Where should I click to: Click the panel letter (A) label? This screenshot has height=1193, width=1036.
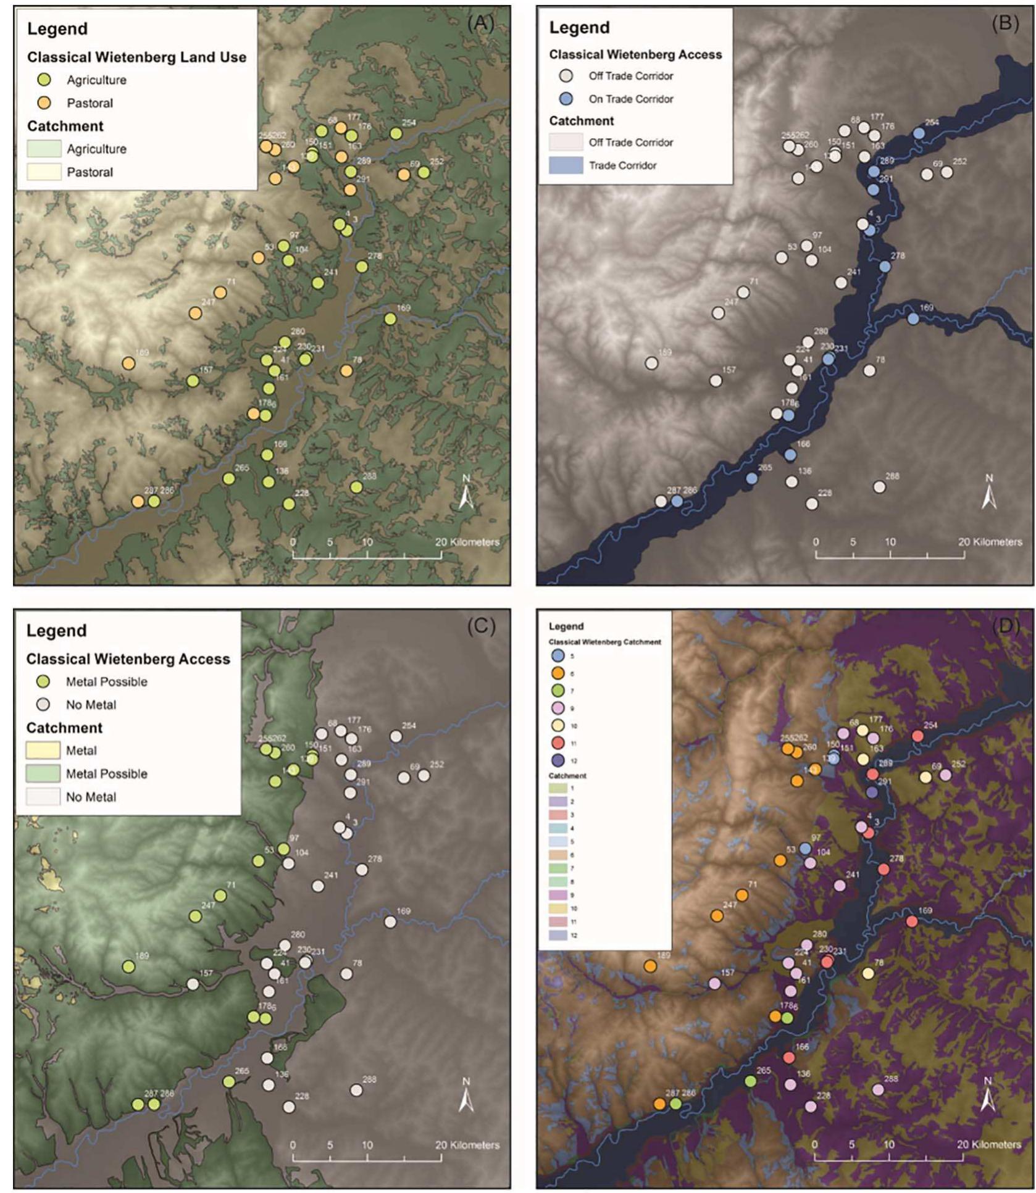click(480, 23)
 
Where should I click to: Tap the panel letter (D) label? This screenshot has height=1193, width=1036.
click(1006, 625)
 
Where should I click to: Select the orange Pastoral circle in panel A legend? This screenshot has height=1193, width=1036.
click(44, 102)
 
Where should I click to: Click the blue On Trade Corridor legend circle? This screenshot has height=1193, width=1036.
click(566, 98)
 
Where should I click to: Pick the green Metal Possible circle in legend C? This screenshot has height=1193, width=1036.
click(43, 681)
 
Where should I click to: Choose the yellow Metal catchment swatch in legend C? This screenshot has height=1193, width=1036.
click(43, 750)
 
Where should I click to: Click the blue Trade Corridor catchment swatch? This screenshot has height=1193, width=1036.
click(566, 165)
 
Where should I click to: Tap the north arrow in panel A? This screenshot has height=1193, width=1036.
click(466, 493)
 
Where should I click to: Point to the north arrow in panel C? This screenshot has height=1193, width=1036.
click(466, 1096)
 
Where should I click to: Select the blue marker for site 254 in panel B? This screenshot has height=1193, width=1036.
click(919, 133)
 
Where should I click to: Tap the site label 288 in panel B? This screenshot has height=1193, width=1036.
click(892, 476)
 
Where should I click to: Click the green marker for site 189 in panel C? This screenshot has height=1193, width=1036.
click(128, 966)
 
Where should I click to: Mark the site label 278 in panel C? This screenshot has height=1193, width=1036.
click(375, 858)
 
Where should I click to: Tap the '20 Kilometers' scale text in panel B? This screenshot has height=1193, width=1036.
click(990, 542)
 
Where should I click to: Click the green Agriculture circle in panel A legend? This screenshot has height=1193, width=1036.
click(44, 80)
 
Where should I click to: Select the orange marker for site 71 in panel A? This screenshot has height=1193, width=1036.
click(220, 293)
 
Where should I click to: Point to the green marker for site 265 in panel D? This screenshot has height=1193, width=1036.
click(750, 1081)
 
